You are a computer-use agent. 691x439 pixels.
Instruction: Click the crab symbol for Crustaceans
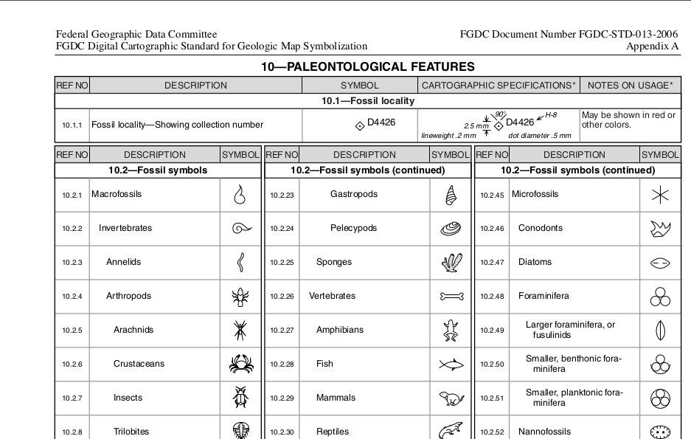point(241,364)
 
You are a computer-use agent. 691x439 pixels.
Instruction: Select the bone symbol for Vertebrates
point(451,297)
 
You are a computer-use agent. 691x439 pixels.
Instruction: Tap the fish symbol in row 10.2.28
point(451,364)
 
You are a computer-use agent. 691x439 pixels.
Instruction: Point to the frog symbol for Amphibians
point(451,330)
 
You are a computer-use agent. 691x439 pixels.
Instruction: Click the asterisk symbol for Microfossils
point(660,195)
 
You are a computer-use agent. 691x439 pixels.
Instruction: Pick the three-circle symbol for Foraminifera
point(660,297)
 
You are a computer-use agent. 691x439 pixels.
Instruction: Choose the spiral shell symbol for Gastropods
point(451,195)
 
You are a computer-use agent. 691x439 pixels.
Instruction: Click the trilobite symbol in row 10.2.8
point(241,431)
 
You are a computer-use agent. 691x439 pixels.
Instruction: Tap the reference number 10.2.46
point(492,229)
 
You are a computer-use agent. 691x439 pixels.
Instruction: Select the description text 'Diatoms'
point(535,262)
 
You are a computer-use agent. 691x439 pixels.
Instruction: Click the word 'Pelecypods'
point(353,228)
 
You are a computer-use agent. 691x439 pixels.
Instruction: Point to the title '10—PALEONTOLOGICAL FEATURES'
point(367,67)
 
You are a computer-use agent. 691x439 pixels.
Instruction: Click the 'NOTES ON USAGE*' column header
point(630,86)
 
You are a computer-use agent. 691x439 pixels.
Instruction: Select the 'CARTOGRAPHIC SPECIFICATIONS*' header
point(499,86)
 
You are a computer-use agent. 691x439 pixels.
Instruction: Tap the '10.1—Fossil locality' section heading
point(367,101)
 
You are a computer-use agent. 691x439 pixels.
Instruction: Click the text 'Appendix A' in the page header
point(652,46)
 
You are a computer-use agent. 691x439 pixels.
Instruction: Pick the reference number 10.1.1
point(72,125)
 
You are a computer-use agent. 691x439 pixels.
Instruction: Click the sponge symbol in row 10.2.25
point(451,263)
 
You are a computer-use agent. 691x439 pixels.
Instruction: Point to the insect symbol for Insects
point(241,398)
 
